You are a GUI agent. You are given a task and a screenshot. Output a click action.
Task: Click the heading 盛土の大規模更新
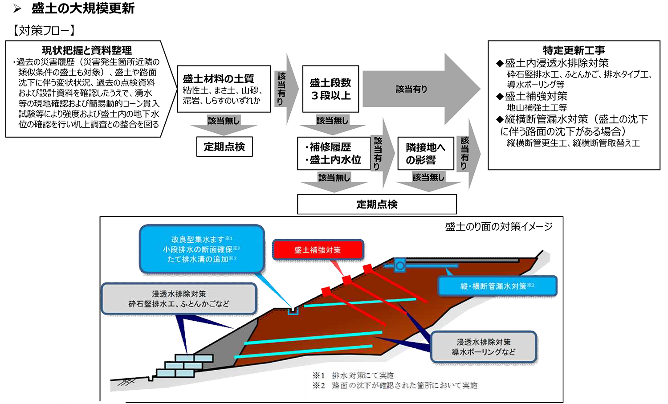tap(83, 8)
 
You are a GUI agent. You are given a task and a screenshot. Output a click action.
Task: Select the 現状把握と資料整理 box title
tap(87, 50)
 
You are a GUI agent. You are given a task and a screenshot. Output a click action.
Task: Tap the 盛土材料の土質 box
tap(224, 89)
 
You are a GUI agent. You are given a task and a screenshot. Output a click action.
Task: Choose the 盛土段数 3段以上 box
tap(330, 89)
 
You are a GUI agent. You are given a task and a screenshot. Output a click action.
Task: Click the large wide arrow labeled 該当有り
tap(419, 89)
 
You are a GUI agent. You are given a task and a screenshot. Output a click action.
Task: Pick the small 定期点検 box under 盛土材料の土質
tap(224, 147)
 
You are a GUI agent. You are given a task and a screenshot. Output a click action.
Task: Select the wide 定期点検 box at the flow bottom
tap(377, 204)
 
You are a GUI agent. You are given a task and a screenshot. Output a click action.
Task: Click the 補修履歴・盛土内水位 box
tap(334, 153)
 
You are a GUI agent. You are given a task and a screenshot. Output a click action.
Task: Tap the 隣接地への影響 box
tap(425, 153)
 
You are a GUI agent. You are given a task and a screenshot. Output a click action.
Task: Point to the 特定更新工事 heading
tap(574, 50)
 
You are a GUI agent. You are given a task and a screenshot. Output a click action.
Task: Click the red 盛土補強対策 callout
tap(318, 250)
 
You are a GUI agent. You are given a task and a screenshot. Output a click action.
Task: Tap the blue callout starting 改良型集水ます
tap(202, 249)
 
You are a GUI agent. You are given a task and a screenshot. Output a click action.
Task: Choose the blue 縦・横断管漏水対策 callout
tap(497, 286)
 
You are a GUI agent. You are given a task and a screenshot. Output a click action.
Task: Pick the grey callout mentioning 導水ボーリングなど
tap(483, 347)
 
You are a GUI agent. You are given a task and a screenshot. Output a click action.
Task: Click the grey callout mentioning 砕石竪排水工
tap(179, 299)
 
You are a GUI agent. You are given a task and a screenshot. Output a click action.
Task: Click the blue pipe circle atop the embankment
tap(400, 266)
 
